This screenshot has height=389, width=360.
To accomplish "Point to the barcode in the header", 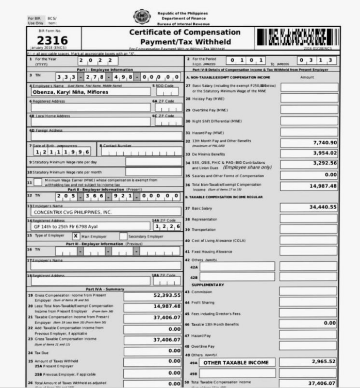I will click(x=298, y=38).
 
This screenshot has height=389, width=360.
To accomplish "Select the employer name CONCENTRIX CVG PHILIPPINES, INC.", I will click(x=72, y=212).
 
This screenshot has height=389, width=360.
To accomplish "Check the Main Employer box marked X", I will click(x=75, y=236).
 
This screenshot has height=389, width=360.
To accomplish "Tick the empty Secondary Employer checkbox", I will click(x=123, y=236).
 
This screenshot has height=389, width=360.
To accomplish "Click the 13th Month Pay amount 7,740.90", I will click(x=325, y=143).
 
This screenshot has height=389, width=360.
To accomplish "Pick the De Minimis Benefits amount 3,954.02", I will click(x=325, y=154).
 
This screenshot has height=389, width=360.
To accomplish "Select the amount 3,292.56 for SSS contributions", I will click(x=325, y=163).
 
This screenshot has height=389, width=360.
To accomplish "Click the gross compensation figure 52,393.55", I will click(x=167, y=296).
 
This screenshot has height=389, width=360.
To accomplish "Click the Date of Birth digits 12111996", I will click(x=63, y=152).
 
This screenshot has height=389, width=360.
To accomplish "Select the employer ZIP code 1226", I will click(x=166, y=226).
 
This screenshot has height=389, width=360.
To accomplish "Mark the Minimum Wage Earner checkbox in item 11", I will click(x=39, y=182).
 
